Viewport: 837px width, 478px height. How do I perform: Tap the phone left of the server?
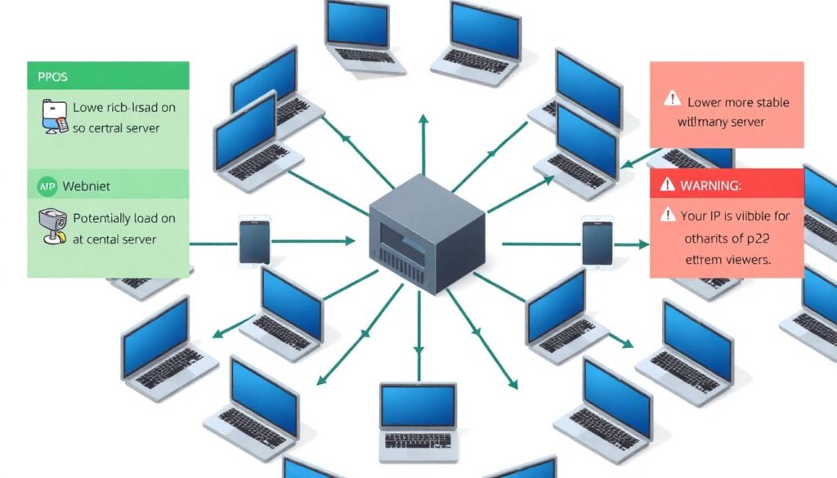point(254,240)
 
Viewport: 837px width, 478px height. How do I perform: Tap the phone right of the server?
point(597,241)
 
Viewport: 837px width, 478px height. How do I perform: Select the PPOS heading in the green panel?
point(52,77)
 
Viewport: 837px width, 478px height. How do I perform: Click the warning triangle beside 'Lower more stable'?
point(672,100)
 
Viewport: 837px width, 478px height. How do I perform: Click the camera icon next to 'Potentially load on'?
point(52,226)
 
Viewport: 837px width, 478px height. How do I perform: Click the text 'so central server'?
point(116,128)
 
